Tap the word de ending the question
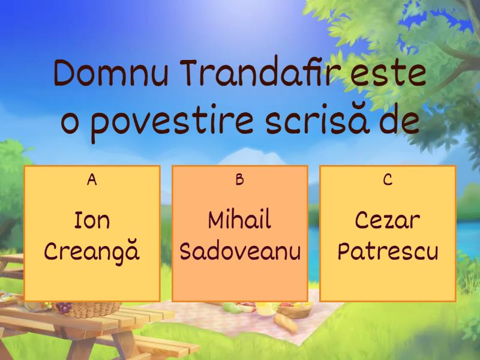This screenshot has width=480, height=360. click(398, 121)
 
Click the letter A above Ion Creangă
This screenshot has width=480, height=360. click(92, 180)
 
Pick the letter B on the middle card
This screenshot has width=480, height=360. click(239, 180)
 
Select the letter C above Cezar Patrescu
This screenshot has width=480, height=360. click(388, 180)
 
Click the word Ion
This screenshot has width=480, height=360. click(92, 221)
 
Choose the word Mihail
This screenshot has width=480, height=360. click(239, 221)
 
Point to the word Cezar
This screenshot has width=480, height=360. click(388, 221)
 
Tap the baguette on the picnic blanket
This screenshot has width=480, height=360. click(287, 325)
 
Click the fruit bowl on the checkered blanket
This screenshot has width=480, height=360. click(294, 310)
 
